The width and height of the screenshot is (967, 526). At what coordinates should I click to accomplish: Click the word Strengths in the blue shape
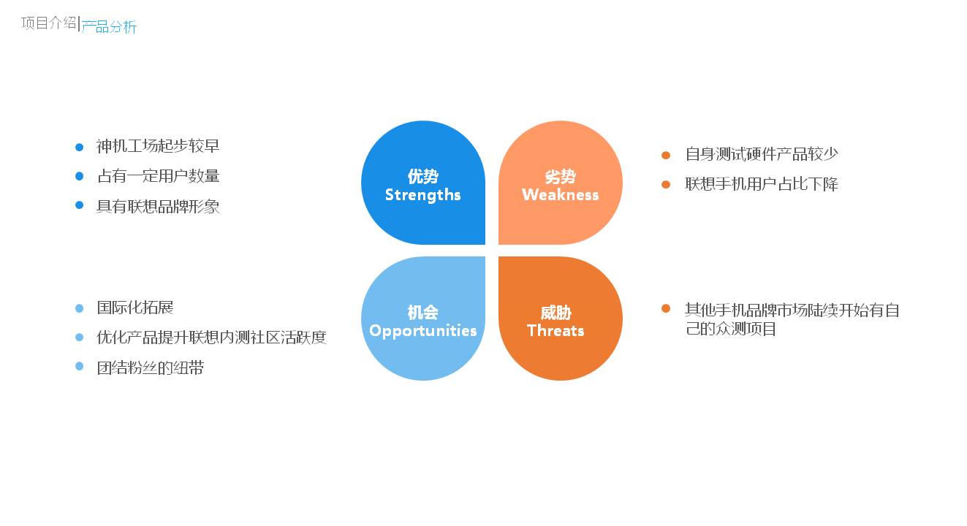click(422, 195)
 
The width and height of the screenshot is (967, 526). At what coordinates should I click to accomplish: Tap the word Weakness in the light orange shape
click(560, 195)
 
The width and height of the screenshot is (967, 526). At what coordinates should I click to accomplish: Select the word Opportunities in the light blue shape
click(422, 331)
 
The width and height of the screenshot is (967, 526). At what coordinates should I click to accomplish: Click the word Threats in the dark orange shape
click(555, 331)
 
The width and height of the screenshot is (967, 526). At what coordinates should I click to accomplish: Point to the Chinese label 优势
click(422, 177)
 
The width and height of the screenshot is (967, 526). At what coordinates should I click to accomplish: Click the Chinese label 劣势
click(560, 177)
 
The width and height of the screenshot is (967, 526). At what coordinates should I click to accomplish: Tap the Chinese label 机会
click(422, 313)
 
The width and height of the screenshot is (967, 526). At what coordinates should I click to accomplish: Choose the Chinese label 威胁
click(555, 313)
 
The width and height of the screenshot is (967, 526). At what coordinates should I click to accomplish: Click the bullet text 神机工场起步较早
click(158, 146)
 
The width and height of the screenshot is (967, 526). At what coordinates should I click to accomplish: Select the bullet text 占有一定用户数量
click(158, 176)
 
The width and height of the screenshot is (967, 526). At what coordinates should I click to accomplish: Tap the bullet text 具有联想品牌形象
click(158, 206)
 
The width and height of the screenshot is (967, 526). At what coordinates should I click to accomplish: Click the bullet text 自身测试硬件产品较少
click(761, 154)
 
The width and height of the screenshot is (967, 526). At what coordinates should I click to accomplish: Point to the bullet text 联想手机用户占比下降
click(761, 184)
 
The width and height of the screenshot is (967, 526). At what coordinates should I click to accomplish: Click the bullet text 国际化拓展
click(134, 308)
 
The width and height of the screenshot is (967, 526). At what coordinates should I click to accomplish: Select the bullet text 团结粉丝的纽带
click(150, 367)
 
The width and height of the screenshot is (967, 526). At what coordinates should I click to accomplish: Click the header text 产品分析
click(109, 27)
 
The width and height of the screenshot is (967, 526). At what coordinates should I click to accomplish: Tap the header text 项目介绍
click(48, 23)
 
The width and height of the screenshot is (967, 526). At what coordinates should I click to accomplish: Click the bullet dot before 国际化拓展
click(80, 308)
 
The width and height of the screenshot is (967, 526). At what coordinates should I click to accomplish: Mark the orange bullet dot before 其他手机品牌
click(666, 308)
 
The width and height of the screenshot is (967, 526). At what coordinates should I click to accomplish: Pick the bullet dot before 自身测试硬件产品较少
click(666, 155)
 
